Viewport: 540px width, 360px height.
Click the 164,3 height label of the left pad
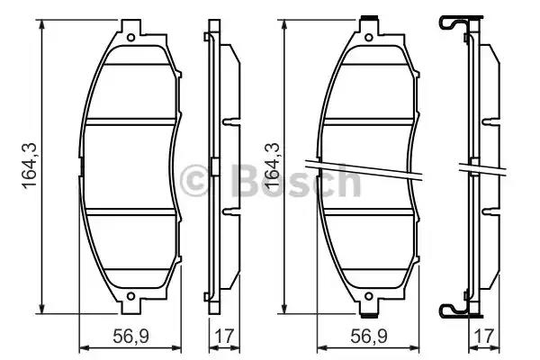pyautogui.click(x=30, y=166)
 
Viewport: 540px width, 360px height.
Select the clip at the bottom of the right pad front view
pyautogui.click(x=369, y=315)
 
